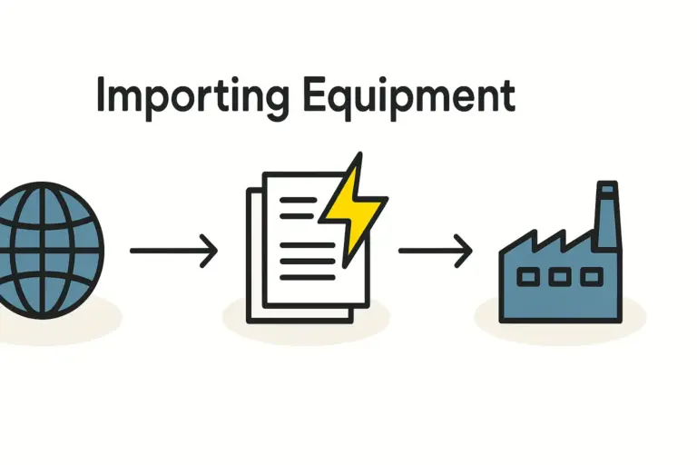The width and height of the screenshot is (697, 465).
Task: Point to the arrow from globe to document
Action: pos(172,250)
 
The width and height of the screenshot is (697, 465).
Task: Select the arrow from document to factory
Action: pos(435,250)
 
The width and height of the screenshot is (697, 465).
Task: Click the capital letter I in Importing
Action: pos(102,95)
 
